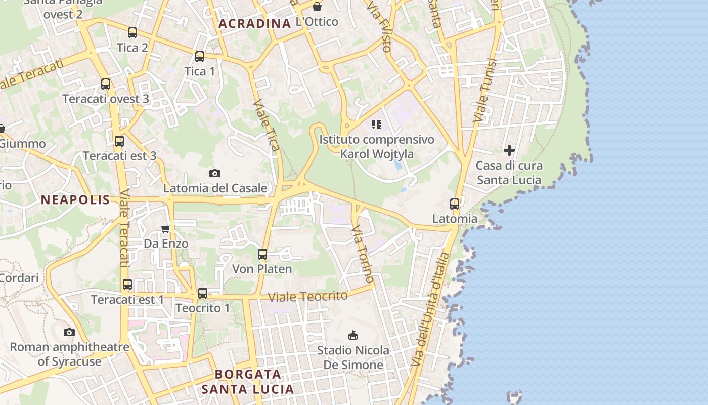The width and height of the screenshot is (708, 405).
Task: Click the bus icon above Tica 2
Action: (x=132, y=33)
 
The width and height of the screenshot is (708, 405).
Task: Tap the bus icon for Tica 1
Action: (x=200, y=57)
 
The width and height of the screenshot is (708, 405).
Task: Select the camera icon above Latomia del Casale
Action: (x=215, y=174)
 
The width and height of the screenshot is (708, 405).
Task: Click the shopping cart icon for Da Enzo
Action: (x=165, y=229)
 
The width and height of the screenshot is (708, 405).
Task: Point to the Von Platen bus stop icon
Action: (x=262, y=254)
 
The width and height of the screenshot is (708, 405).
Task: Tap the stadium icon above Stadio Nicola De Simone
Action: (x=353, y=335)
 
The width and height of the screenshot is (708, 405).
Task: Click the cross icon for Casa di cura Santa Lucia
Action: (x=509, y=150)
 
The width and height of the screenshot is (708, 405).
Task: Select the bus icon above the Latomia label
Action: (x=455, y=204)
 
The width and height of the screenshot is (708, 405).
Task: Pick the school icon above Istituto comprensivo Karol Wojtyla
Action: (x=376, y=125)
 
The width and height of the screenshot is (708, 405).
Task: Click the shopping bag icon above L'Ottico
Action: (x=317, y=7)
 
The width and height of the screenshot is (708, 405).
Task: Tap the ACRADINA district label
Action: (x=254, y=23)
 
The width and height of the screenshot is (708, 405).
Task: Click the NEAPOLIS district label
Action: (x=75, y=199)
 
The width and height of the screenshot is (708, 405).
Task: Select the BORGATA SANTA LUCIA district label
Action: (x=248, y=382)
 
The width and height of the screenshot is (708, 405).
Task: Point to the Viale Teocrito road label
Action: (x=308, y=296)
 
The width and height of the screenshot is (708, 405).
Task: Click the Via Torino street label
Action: (x=364, y=254)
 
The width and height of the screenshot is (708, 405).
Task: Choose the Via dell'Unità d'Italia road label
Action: (x=430, y=309)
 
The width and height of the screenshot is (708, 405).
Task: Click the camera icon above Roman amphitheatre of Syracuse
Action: (x=69, y=333)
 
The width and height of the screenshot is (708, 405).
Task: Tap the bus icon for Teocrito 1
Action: (x=202, y=293)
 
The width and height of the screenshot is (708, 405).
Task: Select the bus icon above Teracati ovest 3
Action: (x=105, y=84)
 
